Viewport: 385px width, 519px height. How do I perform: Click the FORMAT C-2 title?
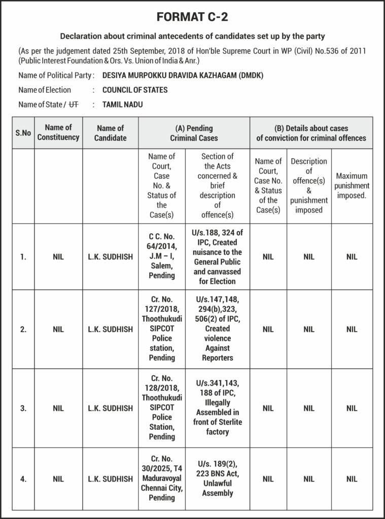click(192, 17)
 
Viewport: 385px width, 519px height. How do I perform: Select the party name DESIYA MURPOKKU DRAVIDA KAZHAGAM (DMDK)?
click(183, 76)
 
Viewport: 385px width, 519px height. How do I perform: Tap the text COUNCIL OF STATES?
click(135, 90)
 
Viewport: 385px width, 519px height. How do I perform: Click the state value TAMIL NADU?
click(122, 105)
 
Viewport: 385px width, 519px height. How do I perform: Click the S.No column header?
click(23, 133)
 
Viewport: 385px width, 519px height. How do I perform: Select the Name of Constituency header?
click(58, 133)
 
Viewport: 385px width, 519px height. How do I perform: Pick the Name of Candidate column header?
click(110, 133)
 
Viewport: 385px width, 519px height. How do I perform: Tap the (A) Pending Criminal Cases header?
click(194, 133)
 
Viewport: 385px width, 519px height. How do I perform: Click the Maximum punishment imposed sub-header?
click(352, 186)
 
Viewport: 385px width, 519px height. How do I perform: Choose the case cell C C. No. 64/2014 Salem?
click(161, 256)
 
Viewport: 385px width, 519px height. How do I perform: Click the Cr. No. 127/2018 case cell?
click(161, 329)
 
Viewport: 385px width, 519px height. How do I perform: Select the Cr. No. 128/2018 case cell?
click(161, 407)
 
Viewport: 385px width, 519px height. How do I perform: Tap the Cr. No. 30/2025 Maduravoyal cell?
click(161, 478)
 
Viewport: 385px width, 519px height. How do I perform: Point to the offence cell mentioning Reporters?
click(217, 329)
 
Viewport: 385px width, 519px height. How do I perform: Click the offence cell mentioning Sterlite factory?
click(217, 407)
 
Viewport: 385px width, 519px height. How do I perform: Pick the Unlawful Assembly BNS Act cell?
click(217, 478)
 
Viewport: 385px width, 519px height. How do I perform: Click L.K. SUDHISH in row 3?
click(110, 408)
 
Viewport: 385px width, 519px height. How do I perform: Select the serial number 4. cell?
click(23, 479)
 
